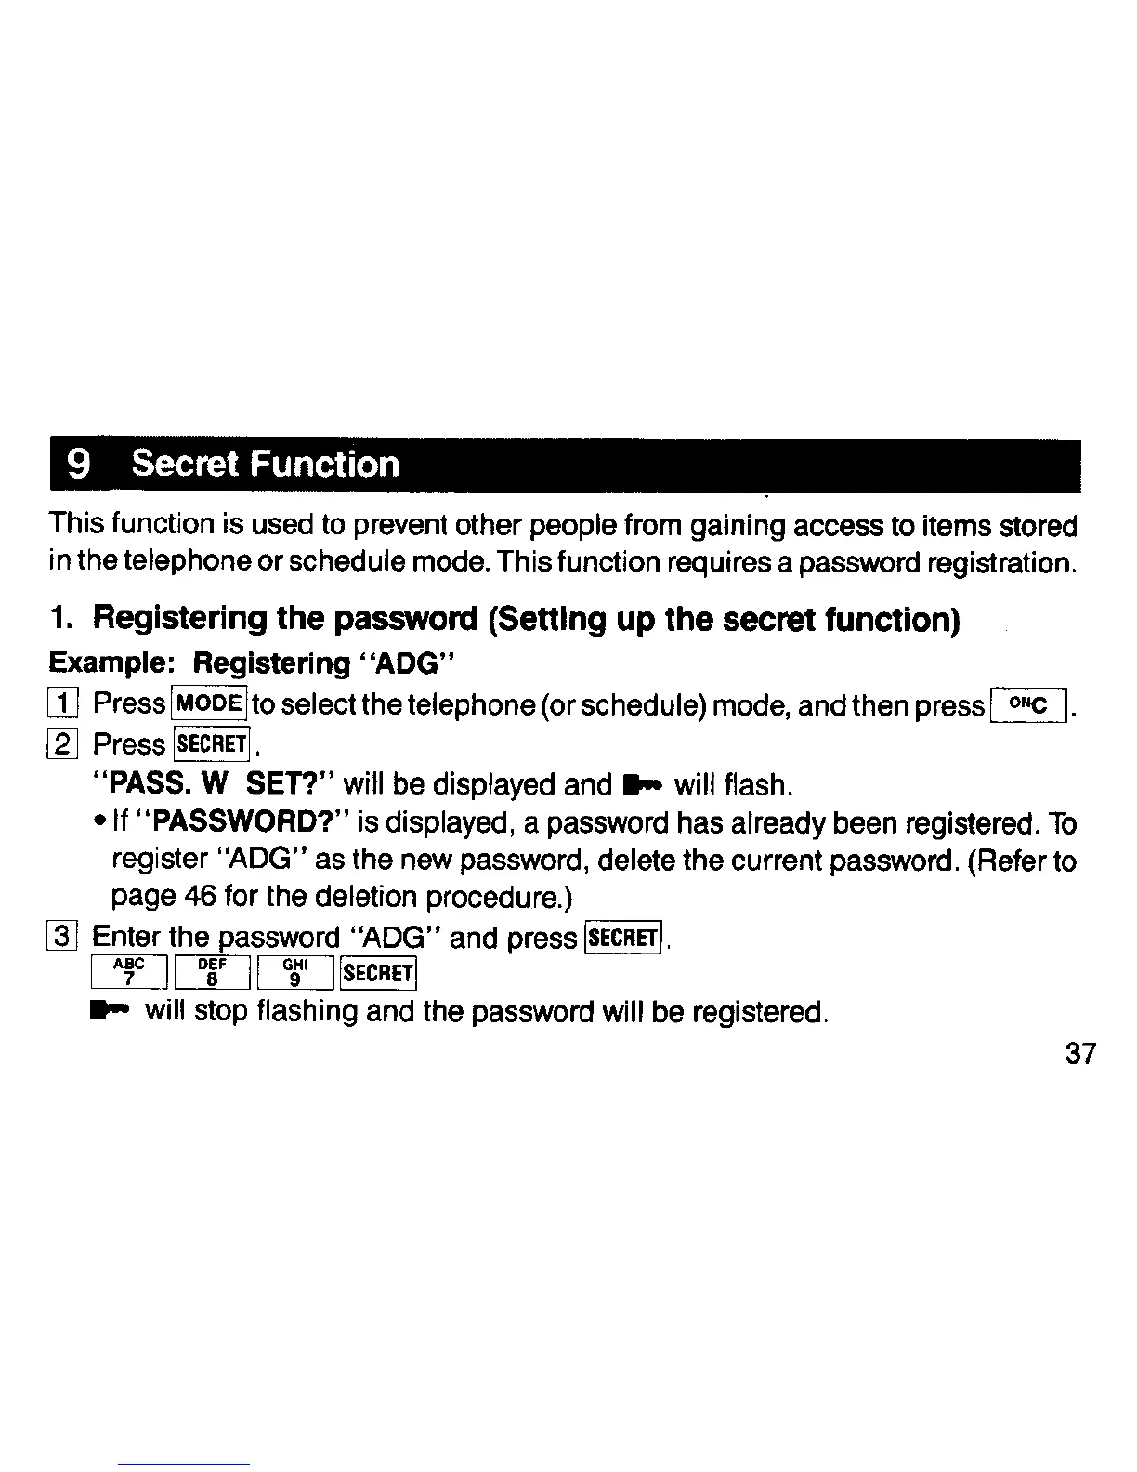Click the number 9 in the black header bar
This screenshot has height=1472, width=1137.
tap(81, 464)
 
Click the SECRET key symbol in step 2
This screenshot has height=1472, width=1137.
tap(212, 744)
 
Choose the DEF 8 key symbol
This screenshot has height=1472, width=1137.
tap(211, 973)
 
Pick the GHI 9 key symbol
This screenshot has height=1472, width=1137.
tap(294, 973)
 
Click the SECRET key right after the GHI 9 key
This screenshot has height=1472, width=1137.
tap(378, 973)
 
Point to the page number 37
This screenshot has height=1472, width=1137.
tap(1080, 1054)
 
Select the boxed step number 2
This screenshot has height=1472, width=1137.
tap(63, 744)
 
